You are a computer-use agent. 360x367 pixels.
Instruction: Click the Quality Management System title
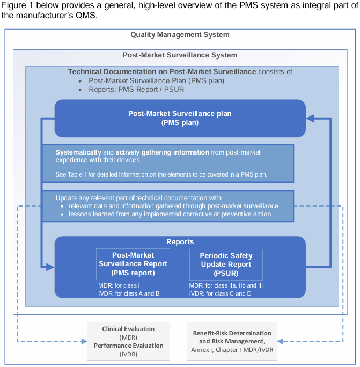180,35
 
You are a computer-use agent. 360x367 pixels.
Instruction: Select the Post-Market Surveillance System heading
180,55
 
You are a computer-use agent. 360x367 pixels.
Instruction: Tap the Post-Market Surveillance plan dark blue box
180,118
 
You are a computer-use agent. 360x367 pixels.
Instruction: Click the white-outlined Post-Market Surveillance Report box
133,264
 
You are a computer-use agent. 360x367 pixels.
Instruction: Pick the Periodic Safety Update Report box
226,264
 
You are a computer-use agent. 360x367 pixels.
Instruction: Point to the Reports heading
180,242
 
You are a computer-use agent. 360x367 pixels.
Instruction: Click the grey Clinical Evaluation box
128,341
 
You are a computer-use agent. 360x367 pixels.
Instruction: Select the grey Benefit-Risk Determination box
232,341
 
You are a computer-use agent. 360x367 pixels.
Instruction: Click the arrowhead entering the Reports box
51,266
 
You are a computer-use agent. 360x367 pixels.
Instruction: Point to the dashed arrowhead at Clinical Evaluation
84,341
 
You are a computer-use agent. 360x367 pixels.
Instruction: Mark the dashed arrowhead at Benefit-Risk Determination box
281,341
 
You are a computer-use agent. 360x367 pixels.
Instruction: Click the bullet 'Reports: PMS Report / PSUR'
136,89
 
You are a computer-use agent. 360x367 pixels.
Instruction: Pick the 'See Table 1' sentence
161,175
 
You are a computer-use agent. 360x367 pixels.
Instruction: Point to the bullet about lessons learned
170,214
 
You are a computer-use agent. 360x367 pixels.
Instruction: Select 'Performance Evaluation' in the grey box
128,346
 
